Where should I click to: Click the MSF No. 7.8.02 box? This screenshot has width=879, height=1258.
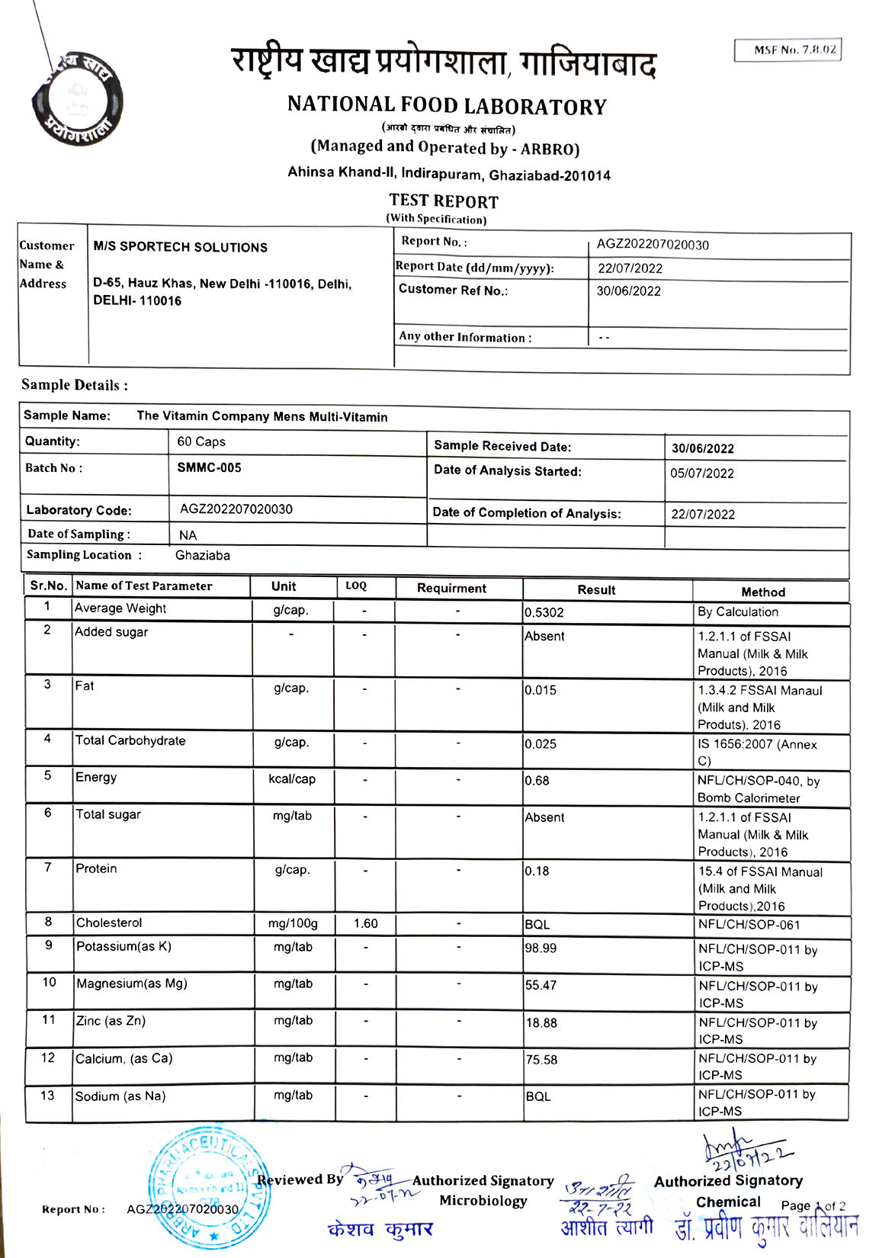coord(788,50)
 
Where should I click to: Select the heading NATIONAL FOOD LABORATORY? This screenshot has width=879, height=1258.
coord(447,105)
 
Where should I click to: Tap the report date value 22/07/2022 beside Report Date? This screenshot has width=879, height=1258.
coord(630,268)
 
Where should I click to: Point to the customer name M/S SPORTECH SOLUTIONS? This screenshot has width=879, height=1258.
coord(180,247)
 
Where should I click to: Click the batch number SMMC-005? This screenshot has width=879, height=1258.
coord(209,467)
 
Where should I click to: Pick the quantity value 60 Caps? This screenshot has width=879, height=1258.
coord(201,441)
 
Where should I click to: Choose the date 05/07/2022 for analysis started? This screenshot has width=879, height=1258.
coord(701,473)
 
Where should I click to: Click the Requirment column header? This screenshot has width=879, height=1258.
coord(451,588)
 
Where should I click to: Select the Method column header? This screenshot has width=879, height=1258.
coord(762,592)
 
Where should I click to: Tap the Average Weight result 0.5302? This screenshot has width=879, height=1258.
coord(544,612)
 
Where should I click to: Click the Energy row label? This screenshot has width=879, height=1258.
coord(96,777)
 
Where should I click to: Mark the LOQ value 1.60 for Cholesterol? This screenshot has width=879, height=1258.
coord(365,923)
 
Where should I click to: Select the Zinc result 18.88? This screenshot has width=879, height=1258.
coord(541,1022)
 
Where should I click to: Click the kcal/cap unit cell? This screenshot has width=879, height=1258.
coord(292,778)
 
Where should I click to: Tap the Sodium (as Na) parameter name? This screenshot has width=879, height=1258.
coord(120,1096)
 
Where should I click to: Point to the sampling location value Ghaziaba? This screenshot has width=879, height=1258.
coord(202,555)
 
